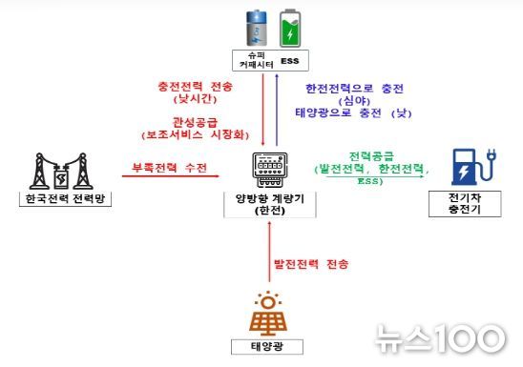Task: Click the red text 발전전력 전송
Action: tap(310, 262)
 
